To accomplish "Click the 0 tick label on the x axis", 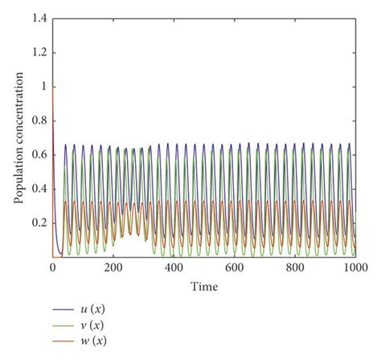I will point(53,268).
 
